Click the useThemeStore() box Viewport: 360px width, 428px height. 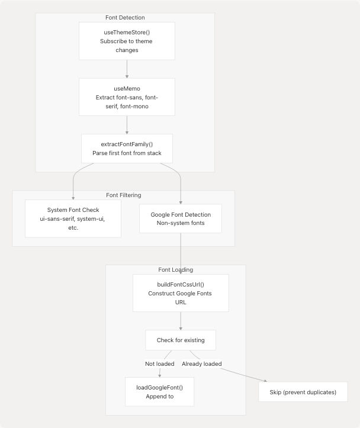coord(127,41)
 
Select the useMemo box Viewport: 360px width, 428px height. coord(127,97)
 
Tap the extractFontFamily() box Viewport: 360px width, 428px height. coord(127,149)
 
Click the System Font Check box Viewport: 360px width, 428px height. coord(73,218)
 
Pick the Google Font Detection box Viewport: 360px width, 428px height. coord(181,219)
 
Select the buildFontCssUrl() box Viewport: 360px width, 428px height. coord(181,292)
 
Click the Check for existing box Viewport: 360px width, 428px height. coord(181,340)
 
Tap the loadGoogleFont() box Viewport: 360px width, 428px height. coord(159,392)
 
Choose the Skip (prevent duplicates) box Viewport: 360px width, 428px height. coord(303,392)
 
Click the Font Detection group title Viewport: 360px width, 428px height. coord(125,18)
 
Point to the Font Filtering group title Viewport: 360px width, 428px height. coord(123,195)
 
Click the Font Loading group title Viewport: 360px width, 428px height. coord(175,269)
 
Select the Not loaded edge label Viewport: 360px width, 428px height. coord(159,363)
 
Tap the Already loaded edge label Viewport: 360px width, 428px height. coord(201,363)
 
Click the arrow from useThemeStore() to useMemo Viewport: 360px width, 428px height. coord(127,69)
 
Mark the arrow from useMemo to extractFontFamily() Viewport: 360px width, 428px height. coord(127,124)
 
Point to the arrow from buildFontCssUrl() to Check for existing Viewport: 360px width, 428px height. coord(181,320)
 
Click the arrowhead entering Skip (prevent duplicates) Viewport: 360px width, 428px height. coord(265,382)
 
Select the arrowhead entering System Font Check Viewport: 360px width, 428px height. coord(73,197)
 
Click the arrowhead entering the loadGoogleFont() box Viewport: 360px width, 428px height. coord(159,375)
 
